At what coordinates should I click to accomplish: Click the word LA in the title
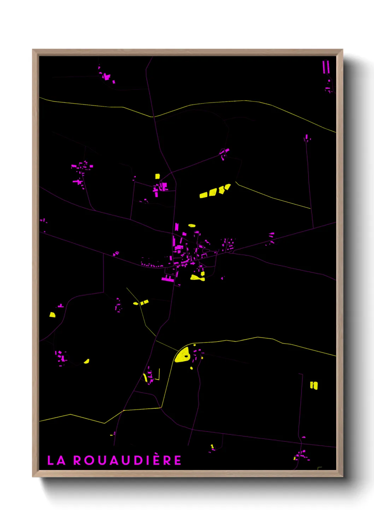pos(57,460)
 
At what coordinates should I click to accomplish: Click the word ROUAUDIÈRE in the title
pos(128,460)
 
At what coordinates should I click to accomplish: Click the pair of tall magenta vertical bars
pos(326,67)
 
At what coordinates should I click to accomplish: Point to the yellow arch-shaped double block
pos(314,385)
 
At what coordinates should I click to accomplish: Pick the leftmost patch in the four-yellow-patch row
pos(203,195)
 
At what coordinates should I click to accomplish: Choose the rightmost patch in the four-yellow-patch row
pos(227,187)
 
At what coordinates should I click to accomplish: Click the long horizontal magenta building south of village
pos(168,279)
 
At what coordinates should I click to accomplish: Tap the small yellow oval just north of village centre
pos(192,225)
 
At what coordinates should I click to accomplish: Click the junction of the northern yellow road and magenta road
pos(153,116)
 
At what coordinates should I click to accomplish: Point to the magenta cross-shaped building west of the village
pos(78,182)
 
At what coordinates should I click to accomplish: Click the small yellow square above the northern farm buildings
pos(157,176)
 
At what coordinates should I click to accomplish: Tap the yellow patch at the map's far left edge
pos(52,315)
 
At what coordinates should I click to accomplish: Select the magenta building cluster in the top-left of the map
pos(106,76)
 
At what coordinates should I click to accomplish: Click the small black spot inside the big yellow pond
pos(186,357)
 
